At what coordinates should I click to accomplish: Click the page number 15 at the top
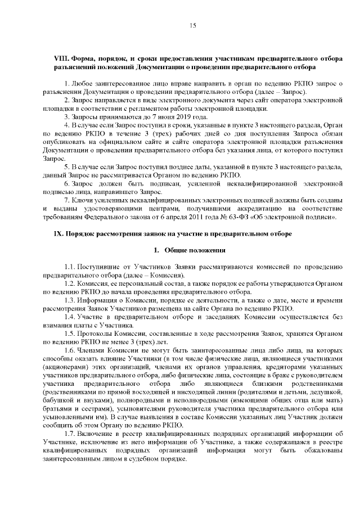click(x=192, y=25)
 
